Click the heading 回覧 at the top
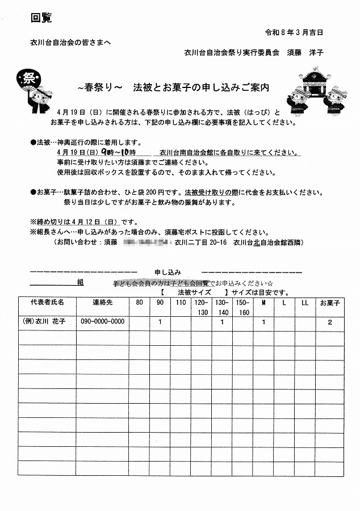41,18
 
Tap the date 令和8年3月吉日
302,31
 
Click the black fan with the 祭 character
27,79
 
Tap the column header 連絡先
103,302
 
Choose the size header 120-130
202,307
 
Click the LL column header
305,302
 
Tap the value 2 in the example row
329,322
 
